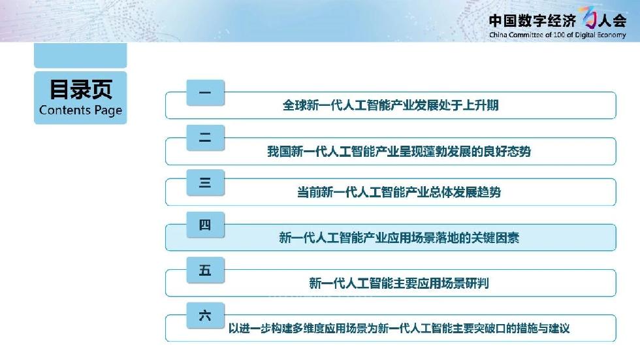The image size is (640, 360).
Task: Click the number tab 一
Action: (x=205, y=93)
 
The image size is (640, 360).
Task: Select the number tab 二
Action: (x=205, y=138)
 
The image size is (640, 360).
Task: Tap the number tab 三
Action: (x=205, y=182)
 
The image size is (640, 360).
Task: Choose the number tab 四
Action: (x=205, y=225)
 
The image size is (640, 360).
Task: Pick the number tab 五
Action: (x=205, y=270)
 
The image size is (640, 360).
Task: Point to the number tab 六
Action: (x=205, y=315)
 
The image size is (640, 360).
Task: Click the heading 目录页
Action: (x=80, y=89)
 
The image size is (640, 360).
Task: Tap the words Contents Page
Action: (x=80, y=110)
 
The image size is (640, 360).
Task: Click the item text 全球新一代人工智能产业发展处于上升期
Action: (x=391, y=105)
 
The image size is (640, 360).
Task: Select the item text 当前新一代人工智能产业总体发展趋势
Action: (x=399, y=192)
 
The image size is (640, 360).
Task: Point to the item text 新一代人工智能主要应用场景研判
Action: (x=399, y=283)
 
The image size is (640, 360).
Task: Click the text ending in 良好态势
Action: (x=399, y=152)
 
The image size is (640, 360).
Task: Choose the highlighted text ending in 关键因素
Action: (x=399, y=238)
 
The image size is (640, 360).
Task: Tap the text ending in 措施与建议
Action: (x=399, y=328)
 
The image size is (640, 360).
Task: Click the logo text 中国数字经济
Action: (x=533, y=20)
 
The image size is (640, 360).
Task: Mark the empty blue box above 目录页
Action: (x=80, y=55)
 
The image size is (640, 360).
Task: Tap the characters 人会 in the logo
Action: (x=612, y=20)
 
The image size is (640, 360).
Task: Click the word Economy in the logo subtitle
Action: (x=611, y=35)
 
